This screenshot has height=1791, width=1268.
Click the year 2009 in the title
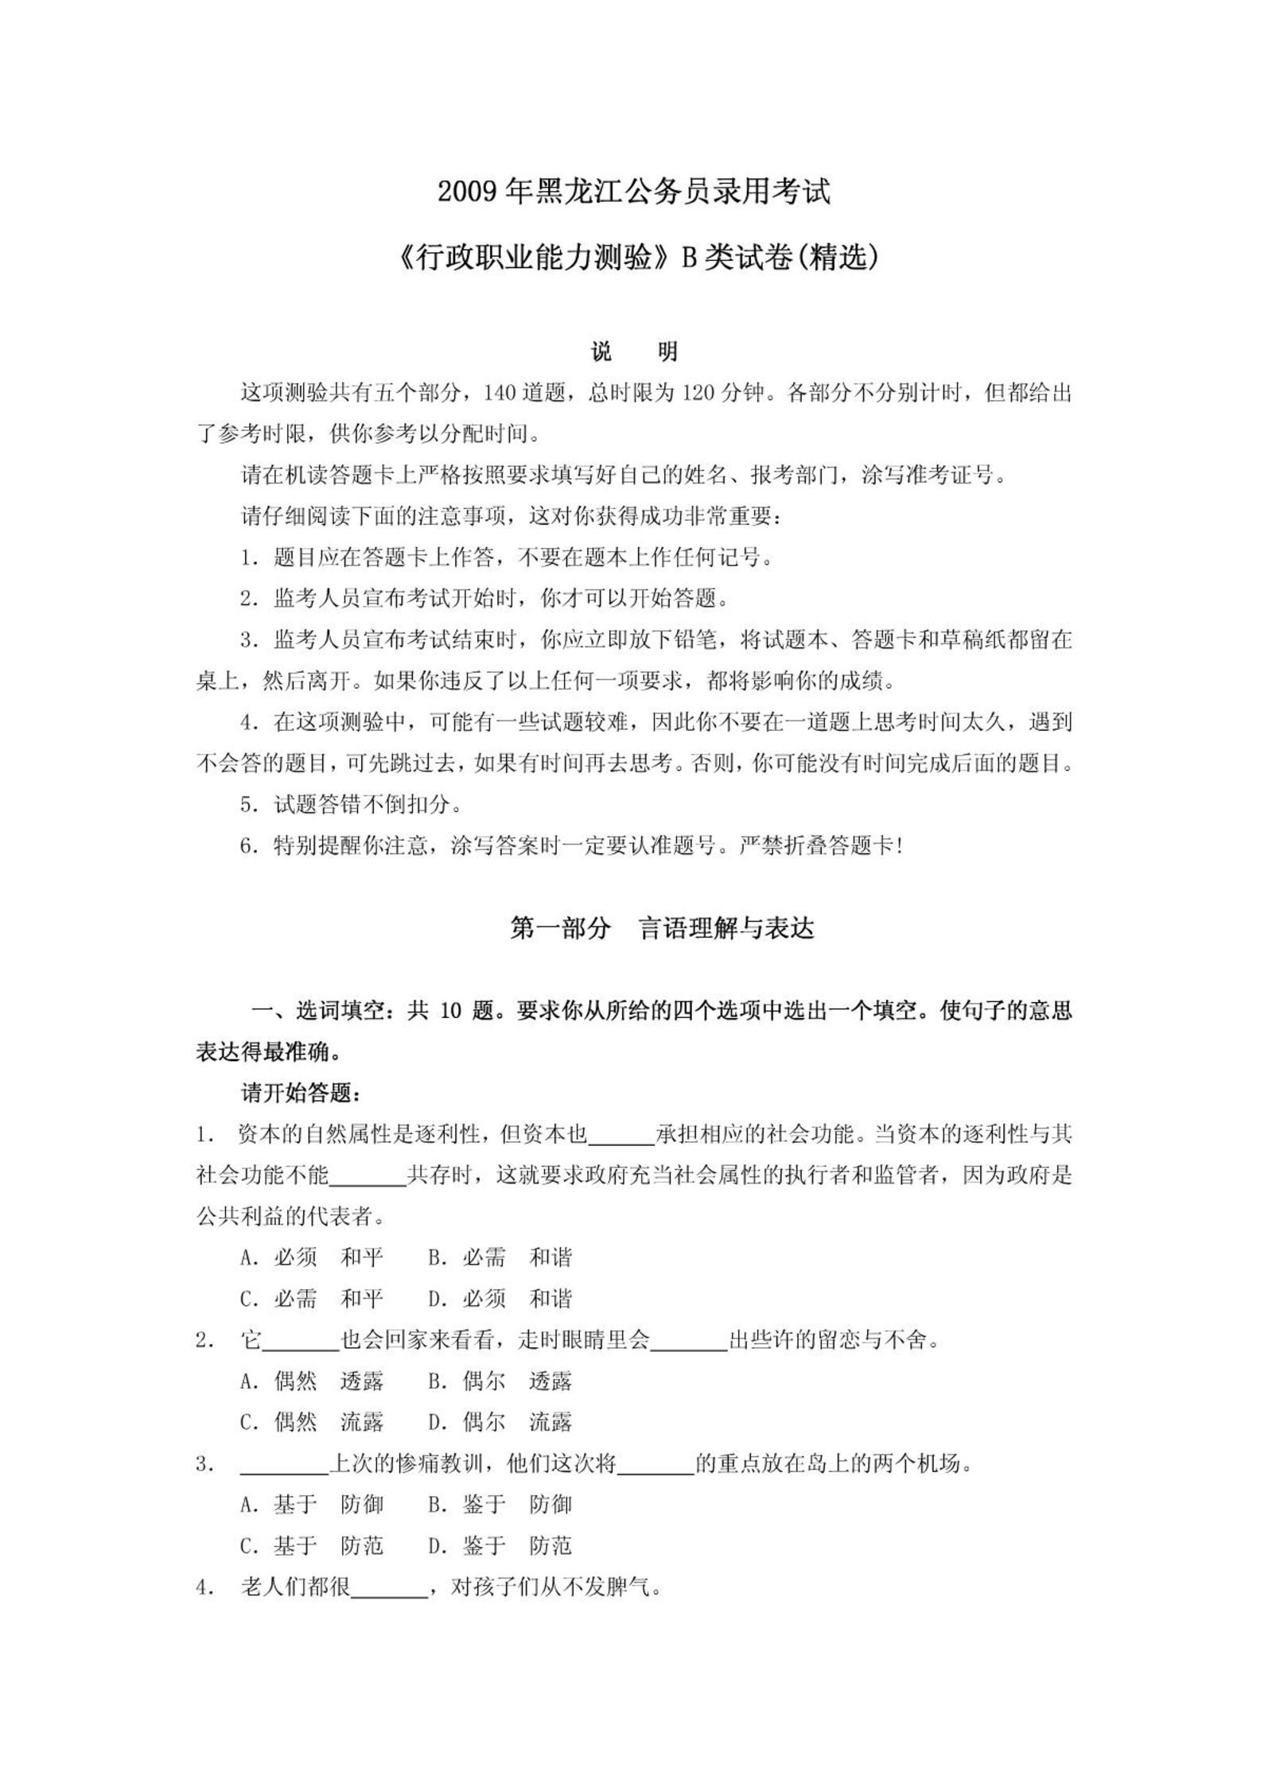coord(469,192)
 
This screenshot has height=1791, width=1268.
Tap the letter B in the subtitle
coord(689,258)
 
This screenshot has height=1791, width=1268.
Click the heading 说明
coord(634,352)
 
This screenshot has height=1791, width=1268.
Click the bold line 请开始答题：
coord(302,1094)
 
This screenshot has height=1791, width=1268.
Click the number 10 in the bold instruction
coord(450,1011)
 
